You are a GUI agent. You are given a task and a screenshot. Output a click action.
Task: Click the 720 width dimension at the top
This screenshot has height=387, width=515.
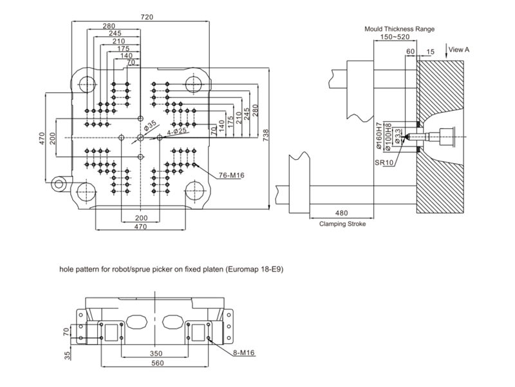tap(147, 17)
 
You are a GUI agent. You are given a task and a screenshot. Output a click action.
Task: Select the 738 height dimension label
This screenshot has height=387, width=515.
tap(265, 135)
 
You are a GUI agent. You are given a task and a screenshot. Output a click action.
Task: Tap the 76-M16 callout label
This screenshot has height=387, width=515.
tap(232, 175)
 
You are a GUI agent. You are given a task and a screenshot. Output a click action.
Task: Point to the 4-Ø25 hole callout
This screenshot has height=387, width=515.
tap(176, 132)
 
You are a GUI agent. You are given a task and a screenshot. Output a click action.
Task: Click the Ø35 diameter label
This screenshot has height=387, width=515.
tap(150, 125)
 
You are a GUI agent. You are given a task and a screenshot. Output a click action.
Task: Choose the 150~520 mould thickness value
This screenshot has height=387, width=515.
tap(395, 37)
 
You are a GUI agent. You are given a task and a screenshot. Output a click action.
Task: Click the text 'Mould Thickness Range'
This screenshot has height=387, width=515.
tap(399, 29)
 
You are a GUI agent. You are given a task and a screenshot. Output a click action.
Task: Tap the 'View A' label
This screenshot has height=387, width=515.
tap(459, 50)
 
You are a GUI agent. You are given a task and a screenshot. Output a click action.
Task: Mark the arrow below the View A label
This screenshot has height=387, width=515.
tap(446, 52)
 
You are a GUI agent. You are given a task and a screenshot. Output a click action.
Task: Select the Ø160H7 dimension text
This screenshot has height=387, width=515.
tap(379, 136)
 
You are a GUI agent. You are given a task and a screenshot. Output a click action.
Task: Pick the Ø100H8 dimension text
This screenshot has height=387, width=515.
tap(388, 137)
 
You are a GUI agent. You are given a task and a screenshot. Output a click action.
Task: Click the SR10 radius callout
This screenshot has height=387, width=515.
tap(384, 163)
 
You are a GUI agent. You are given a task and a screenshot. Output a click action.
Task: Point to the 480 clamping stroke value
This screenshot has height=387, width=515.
tap(341, 213)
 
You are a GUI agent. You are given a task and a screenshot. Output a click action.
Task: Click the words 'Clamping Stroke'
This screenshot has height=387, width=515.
tap(342, 224)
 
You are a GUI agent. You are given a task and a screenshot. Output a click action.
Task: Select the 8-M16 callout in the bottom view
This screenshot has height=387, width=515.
tap(244, 353)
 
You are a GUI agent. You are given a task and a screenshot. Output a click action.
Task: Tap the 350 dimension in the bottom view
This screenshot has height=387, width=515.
tap(156, 353)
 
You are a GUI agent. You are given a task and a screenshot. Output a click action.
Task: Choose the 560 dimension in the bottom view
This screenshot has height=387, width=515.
tap(157, 363)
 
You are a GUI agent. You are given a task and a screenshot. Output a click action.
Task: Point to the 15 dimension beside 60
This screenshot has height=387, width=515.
tap(430, 52)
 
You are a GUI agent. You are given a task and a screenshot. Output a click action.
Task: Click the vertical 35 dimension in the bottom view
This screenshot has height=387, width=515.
tap(67, 355)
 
